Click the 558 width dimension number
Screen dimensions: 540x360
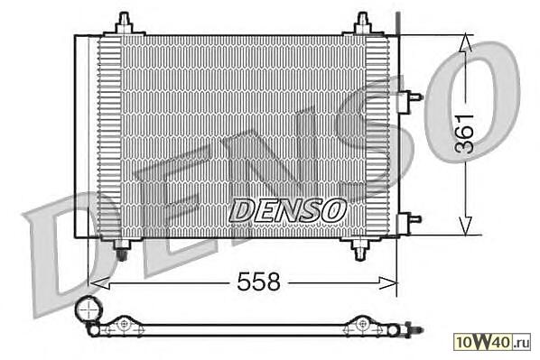pos(258,282)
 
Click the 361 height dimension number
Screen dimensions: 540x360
pos(464,134)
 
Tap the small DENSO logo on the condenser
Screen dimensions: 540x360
pos(287,210)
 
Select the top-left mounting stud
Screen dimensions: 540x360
pos(124,23)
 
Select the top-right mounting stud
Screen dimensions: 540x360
pos(363,23)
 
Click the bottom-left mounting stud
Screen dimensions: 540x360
pos(122,249)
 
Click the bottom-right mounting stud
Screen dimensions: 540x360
pos(360,249)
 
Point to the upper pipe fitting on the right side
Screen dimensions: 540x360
pos(410,102)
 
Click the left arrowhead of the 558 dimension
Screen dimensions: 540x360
pos(99,283)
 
